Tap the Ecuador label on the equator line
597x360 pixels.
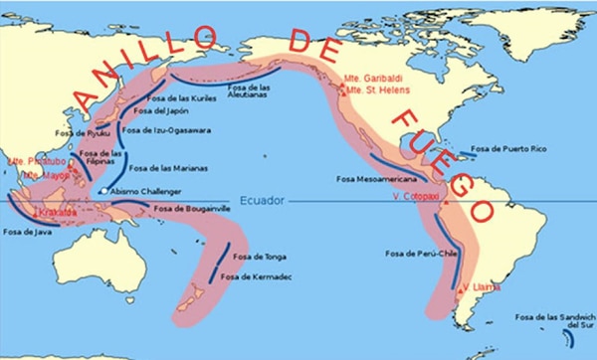261,200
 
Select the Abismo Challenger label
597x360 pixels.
149,191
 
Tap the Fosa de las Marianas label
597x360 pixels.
169,168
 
